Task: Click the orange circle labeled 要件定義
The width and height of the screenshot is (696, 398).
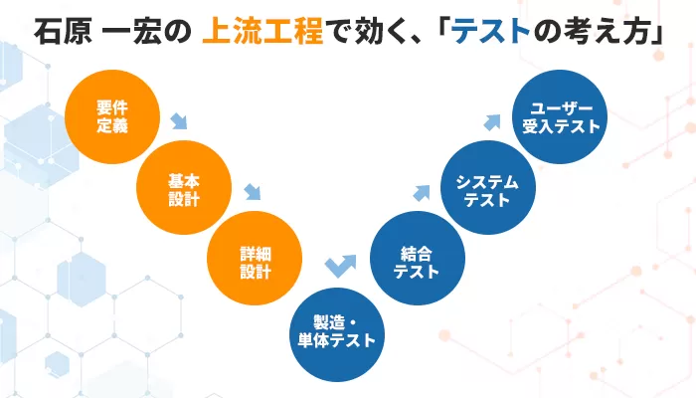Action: coord(112,116)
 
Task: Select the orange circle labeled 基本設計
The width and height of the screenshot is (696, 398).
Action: coord(184,187)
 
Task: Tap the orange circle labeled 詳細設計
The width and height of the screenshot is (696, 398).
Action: coord(255,258)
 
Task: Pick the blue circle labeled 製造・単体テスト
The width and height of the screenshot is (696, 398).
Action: coord(337,334)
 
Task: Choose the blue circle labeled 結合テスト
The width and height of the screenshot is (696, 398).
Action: coord(418,258)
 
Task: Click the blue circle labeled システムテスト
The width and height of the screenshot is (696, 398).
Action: coord(488,187)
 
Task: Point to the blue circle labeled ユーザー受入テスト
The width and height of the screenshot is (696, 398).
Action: coord(560,116)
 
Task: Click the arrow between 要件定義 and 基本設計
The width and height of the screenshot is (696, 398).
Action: coord(179,121)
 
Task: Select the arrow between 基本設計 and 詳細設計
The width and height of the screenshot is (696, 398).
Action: coord(253,192)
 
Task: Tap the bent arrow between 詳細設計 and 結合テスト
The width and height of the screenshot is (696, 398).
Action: coord(340,266)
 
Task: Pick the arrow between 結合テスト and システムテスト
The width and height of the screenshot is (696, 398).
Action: coord(422,193)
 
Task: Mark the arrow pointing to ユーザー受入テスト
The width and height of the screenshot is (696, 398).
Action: coord(492,122)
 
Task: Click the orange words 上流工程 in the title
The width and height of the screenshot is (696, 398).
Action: coord(262,31)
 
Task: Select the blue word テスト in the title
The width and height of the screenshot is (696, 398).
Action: coord(491,31)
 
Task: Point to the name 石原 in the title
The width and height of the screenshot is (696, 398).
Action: coord(63,31)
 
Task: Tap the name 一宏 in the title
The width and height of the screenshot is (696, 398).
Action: coord(131,31)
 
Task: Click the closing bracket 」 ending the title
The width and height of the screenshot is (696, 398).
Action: coord(658,32)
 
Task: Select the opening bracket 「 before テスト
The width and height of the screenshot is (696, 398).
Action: coord(444,30)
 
